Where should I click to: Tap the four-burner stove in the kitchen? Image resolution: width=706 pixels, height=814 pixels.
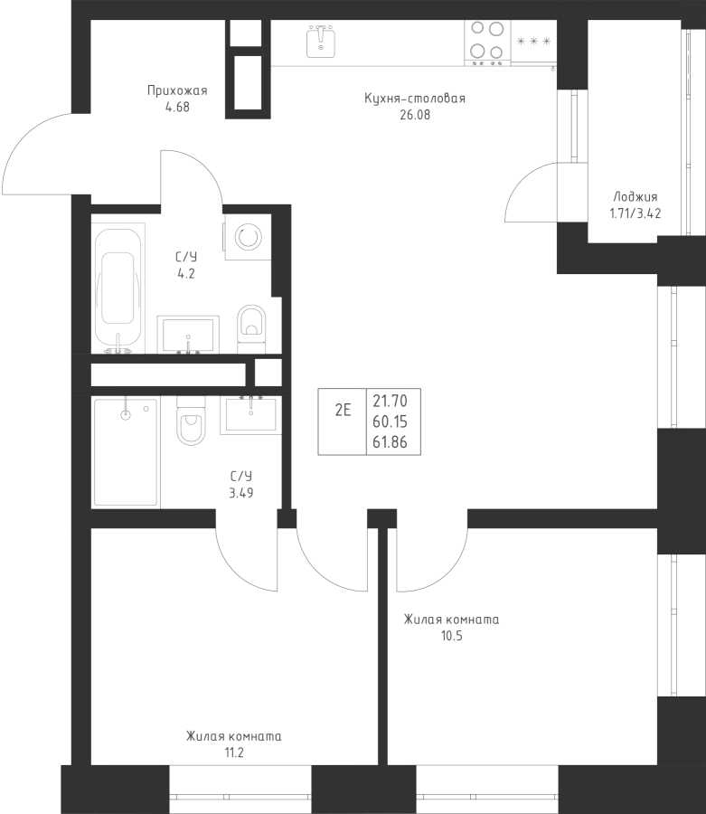click(x=487, y=41)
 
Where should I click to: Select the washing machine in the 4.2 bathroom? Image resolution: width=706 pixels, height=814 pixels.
click(x=248, y=237)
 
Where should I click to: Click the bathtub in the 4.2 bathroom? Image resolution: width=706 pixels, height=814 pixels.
click(x=118, y=289)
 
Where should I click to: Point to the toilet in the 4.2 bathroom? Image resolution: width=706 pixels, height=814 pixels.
click(x=251, y=328)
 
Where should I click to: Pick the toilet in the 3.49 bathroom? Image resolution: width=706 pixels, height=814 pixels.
click(x=191, y=421)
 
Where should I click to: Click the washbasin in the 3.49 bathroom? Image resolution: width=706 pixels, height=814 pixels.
click(x=251, y=413)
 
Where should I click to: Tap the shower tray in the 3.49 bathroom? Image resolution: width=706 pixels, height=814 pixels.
click(x=126, y=451)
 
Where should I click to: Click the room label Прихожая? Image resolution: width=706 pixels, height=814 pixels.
click(x=177, y=90)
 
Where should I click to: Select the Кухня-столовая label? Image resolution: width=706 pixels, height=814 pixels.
click(x=415, y=98)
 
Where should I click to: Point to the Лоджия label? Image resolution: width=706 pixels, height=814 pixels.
click(x=635, y=197)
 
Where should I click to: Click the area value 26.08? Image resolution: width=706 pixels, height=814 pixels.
click(x=415, y=115)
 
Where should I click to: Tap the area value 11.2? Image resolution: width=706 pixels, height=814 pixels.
click(x=234, y=752)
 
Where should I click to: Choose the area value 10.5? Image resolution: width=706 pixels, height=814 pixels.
click(x=451, y=636)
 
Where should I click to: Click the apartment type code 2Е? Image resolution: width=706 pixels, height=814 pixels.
click(x=343, y=411)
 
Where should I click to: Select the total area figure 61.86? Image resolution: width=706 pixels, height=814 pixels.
click(x=391, y=442)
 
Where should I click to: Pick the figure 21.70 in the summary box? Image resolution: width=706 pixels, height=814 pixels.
click(x=391, y=401)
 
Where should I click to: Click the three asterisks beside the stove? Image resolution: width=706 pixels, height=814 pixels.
click(x=533, y=42)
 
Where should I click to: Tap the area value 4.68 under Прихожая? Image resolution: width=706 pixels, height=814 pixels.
click(x=177, y=108)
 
